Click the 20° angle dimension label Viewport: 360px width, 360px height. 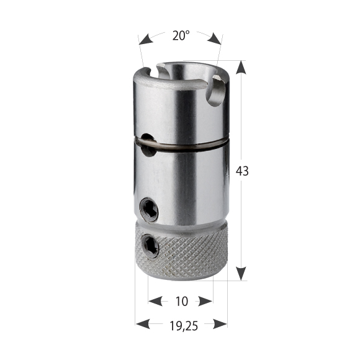181,36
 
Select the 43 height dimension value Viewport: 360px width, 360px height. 242,171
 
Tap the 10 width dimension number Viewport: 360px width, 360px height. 181,302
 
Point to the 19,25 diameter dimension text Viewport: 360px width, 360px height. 181,324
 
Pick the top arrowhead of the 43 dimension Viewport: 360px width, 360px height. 241,68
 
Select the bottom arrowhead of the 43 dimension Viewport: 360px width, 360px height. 241,273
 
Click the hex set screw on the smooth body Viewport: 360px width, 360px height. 149,210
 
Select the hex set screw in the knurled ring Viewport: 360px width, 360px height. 150,246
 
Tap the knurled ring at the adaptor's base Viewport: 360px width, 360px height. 186,254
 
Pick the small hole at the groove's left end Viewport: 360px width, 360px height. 146,139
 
